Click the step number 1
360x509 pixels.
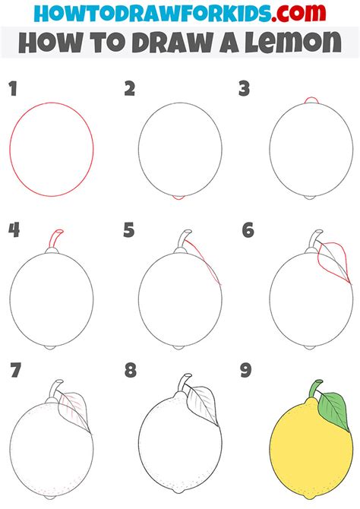coord(13,90)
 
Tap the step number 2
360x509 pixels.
coord(130,90)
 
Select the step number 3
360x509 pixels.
coord(245,90)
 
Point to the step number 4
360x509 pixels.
coord(13,230)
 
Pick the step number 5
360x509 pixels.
coord(130,230)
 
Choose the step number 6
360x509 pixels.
coord(247,230)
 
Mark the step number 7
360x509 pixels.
coord(14,371)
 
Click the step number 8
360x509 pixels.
coord(130,371)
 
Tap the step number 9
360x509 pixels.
coord(246,371)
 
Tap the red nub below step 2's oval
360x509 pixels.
coord(179,198)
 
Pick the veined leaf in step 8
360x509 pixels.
coord(201,400)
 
